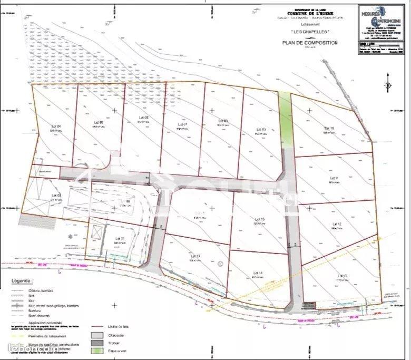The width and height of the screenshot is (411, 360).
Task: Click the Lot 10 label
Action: [329, 128]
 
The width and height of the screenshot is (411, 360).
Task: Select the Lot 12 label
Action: [336, 224]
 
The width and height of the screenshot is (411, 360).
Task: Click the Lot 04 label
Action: [56, 126]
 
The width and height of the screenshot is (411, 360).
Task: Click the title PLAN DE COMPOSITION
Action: [310, 43]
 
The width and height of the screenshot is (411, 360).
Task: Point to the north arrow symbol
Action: [388, 85]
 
